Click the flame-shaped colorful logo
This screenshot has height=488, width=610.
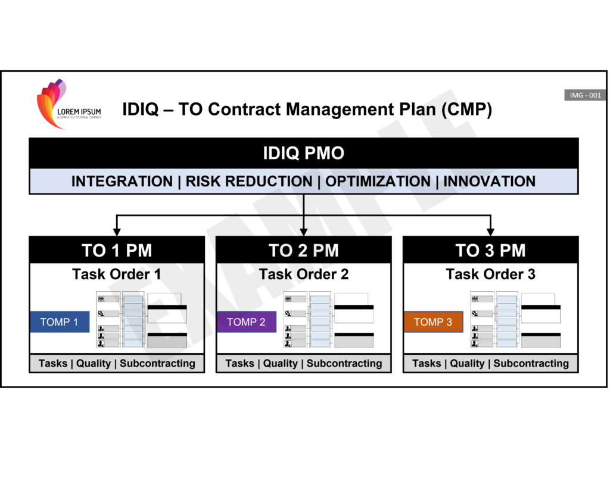pos(51,104)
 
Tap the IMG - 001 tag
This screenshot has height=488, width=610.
pos(585,95)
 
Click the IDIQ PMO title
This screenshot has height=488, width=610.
pos(304,154)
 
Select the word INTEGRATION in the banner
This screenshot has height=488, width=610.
pos(122,182)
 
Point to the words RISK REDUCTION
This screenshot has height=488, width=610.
pos(249,182)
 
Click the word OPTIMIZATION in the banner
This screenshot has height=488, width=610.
pos(378,182)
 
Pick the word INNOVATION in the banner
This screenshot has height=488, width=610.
pos(489,182)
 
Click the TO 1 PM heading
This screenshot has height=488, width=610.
pos(117,251)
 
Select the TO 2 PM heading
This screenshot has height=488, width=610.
pos(304,251)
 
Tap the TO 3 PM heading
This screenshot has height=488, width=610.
pos(491,251)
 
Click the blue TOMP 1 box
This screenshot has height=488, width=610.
pos(60,322)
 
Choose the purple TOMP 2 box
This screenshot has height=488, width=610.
pos(247,322)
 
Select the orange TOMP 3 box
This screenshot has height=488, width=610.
pos(434,322)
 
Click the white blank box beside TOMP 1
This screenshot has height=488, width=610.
pos(167,316)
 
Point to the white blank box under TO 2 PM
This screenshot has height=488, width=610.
pos(354,316)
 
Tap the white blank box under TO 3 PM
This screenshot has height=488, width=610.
pos(541,316)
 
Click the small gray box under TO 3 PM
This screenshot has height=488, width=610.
pos(541,342)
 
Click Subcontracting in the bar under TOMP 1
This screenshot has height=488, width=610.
pos(157,363)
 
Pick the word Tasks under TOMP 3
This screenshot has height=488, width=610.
pos(427,363)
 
